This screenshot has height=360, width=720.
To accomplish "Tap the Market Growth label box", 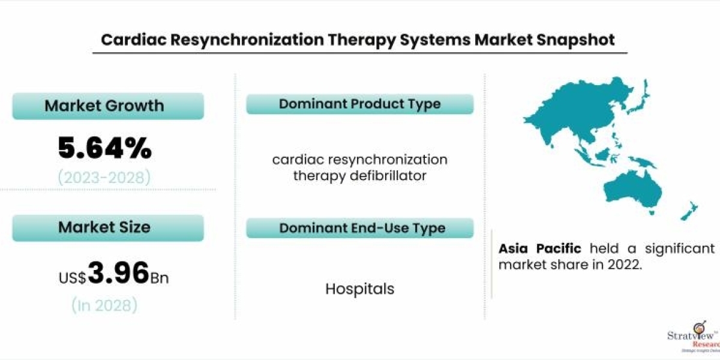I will point(108,106).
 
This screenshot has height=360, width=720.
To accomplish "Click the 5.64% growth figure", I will point(105,148).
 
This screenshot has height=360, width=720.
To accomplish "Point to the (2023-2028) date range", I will point(105,178).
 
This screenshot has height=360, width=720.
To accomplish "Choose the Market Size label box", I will point(108,227).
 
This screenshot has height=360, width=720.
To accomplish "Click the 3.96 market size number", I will point(118,274).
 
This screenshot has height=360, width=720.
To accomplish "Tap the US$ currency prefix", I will point(73,278).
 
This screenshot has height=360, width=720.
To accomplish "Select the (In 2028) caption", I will point(105,305).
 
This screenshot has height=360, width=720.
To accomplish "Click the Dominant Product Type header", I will point(360,104).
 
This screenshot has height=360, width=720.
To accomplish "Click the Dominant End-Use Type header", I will point(360,228).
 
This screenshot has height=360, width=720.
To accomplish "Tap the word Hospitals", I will point(360,289).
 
